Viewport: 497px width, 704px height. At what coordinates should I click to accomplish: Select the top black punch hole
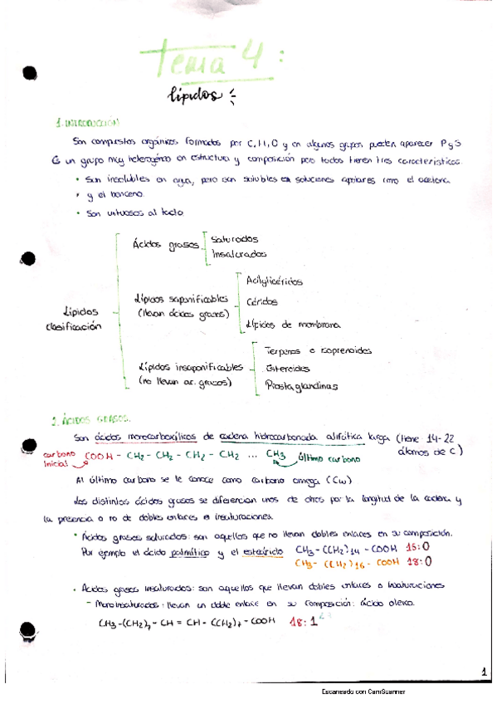[x=30, y=73]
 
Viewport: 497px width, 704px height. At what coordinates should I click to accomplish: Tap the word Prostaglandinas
[x=302, y=384]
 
